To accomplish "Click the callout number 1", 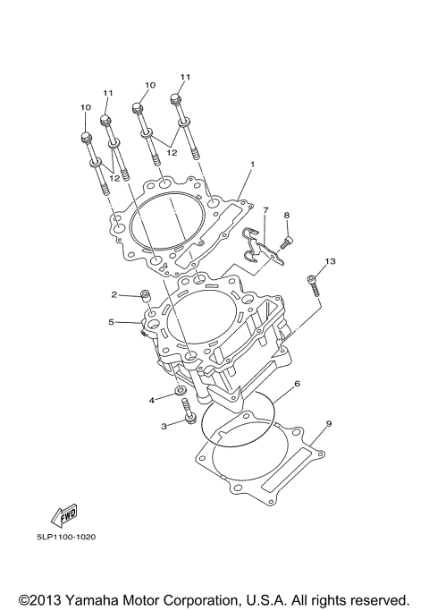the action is (252, 165).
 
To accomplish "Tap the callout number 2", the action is (114, 294).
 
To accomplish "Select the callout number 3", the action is (164, 427).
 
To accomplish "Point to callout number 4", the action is (152, 400).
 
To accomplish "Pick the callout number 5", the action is (112, 322).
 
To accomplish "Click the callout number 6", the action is (297, 384).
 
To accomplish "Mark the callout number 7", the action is (265, 210).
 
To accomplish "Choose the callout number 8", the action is (287, 215).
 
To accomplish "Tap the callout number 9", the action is (329, 423).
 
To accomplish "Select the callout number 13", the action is (330, 261).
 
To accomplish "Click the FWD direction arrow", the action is (63, 514).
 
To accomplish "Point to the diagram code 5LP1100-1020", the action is (66, 537).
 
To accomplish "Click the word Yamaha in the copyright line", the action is (91, 599).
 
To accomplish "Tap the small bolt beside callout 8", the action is (286, 242).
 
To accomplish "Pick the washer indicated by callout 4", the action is (181, 390).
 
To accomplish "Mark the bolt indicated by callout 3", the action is (187, 412).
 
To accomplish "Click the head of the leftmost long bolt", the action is (86, 137).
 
